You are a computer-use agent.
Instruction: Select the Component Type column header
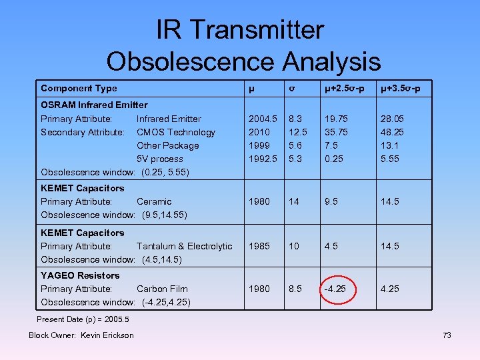tap(79, 88)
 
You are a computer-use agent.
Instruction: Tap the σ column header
tap(291, 88)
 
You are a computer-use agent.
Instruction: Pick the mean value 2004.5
tap(263, 119)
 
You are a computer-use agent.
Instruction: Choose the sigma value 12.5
tap(297, 132)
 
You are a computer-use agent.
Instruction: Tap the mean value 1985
tap(259, 246)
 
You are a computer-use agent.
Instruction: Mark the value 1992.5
tap(263, 159)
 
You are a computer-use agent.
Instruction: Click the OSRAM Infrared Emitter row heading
tap(94, 105)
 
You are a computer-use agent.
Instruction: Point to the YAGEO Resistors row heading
tap(80, 275)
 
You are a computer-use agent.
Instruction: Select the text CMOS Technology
tap(176, 132)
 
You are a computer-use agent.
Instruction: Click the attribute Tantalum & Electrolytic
tap(185, 246)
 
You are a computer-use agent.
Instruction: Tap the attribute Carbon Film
tap(162, 289)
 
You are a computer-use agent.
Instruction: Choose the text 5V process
tap(159, 159)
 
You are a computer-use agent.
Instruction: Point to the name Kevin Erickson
tap(107, 335)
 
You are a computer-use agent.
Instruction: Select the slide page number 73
tap(447, 335)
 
